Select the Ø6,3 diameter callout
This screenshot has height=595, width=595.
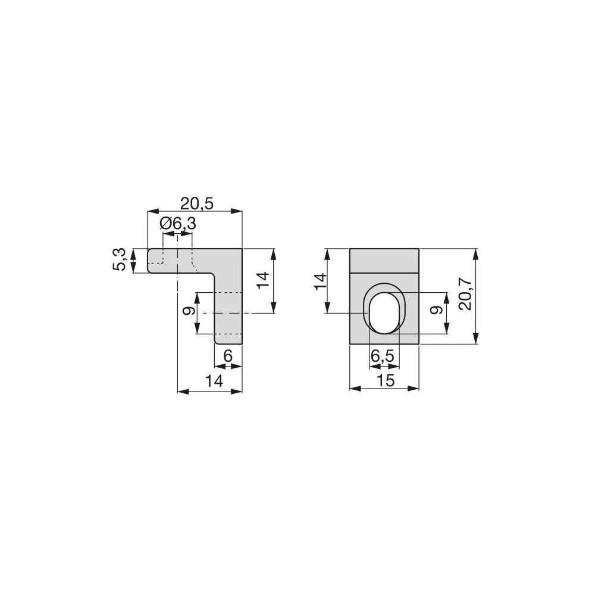click(x=178, y=224)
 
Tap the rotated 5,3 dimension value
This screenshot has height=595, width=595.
click(x=120, y=261)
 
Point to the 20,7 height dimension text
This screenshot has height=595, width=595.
click(x=465, y=296)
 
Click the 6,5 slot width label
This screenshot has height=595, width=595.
click(x=382, y=356)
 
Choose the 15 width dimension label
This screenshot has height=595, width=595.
click(x=386, y=381)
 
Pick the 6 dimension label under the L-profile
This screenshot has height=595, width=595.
click(x=227, y=356)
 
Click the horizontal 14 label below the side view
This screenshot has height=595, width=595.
click(x=211, y=381)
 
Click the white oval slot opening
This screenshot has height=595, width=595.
click(x=384, y=312)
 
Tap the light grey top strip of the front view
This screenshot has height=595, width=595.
click(x=384, y=260)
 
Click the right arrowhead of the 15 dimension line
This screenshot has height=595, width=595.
click(x=416, y=389)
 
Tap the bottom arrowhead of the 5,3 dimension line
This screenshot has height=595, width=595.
click(x=134, y=270)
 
